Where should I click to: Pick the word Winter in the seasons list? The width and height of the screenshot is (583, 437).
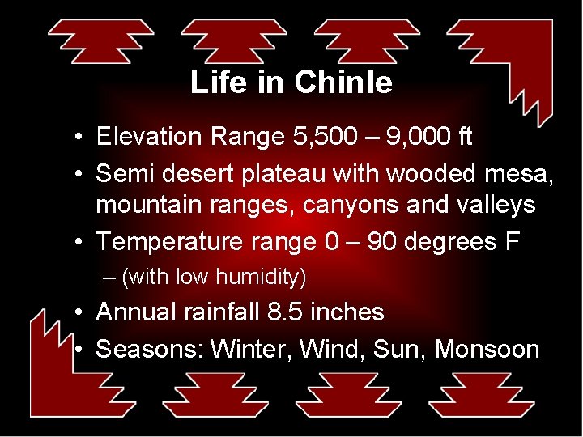(250, 349)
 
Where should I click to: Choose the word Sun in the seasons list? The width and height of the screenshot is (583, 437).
(401, 349)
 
